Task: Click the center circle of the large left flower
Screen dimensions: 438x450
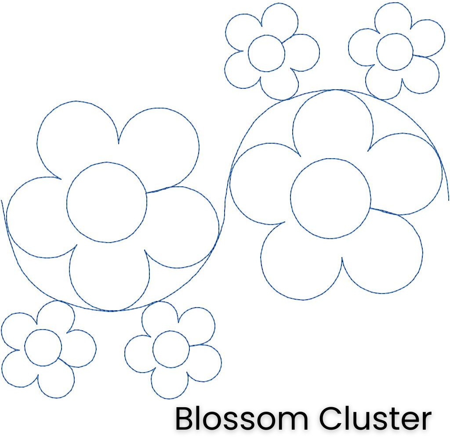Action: click(107, 202)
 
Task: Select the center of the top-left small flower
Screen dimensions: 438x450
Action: click(266, 53)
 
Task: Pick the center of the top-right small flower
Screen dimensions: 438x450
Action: click(395, 52)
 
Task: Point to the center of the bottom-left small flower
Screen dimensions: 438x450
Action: click(43, 347)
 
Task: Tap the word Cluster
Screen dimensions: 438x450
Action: click(375, 419)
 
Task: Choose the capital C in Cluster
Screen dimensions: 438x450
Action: click(330, 419)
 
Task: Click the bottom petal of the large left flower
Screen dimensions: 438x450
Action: click(109, 277)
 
